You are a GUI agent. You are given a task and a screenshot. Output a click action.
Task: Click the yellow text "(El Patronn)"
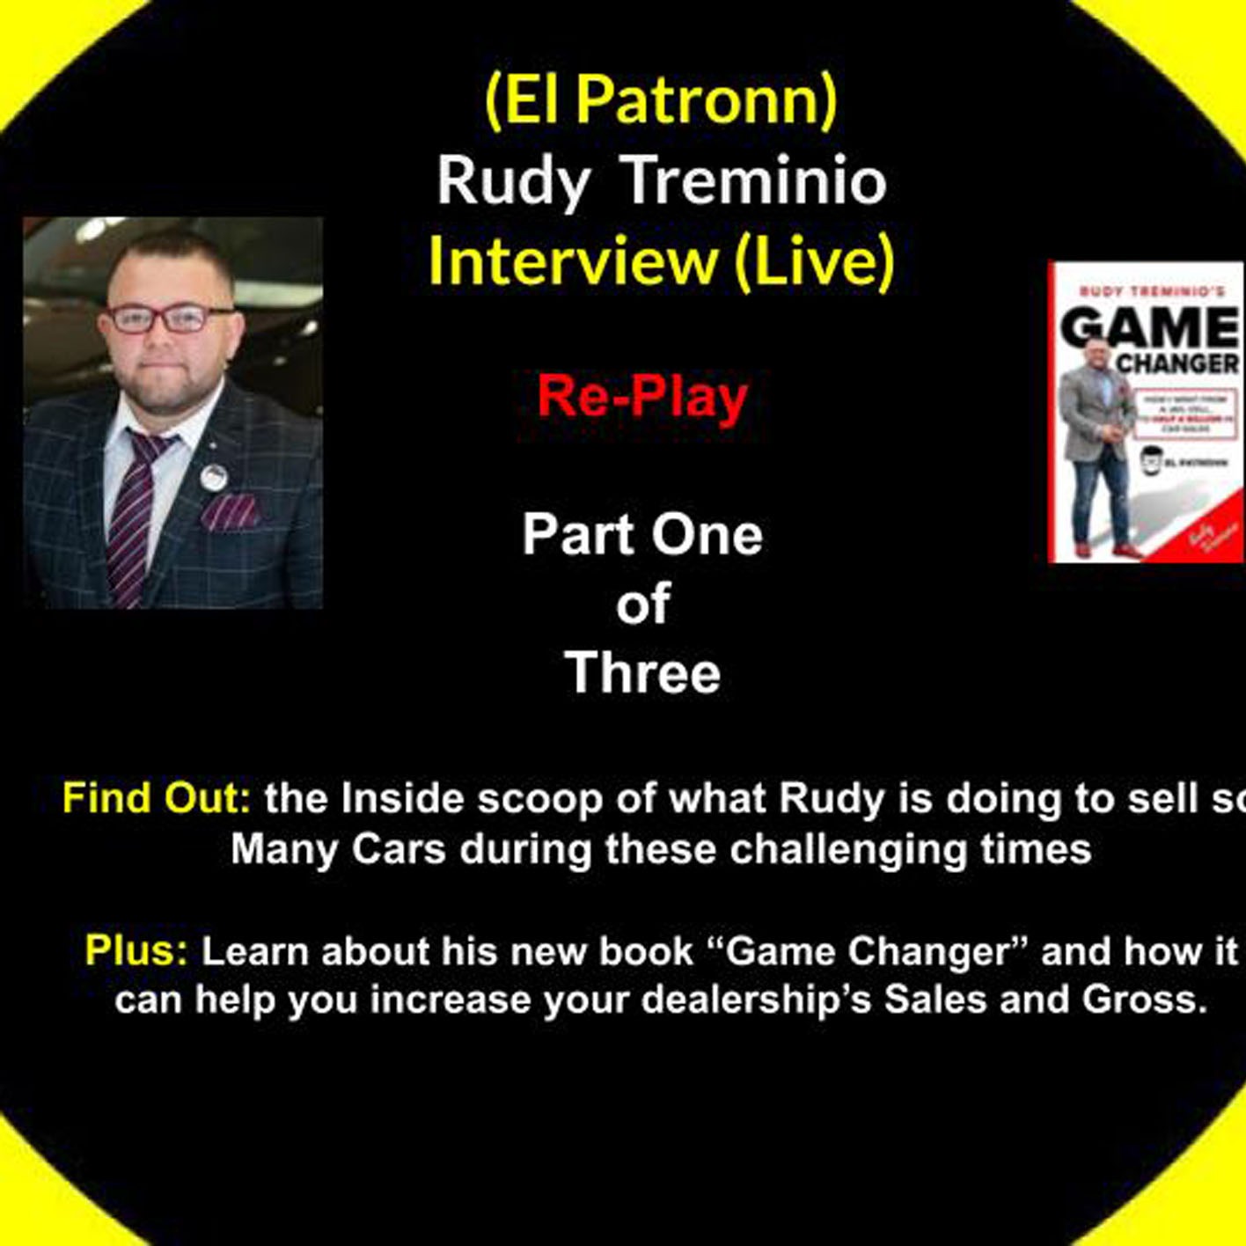[x=661, y=99]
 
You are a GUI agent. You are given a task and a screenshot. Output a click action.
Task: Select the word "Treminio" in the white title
[x=753, y=180]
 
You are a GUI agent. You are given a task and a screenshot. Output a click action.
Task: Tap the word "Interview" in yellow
[x=573, y=261]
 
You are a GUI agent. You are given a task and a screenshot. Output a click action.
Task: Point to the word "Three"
[x=642, y=673]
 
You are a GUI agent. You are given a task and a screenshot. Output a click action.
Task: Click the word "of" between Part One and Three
[x=643, y=605]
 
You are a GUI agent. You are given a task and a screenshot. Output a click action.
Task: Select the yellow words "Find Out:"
[x=156, y=799]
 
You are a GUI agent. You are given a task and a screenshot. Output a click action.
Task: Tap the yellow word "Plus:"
[x=136, y=951]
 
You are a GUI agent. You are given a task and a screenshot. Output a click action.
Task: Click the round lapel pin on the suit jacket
[x=213, y=477]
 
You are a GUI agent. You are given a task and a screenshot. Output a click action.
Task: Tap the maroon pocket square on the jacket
[x=231, y=512]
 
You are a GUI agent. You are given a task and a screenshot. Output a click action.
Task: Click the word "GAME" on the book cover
[x=1148, y=329]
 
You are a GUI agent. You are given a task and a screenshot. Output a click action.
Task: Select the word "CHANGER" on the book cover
[x=1176, y=363]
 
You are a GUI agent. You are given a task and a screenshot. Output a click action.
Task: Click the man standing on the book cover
[x=1100, y=458]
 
